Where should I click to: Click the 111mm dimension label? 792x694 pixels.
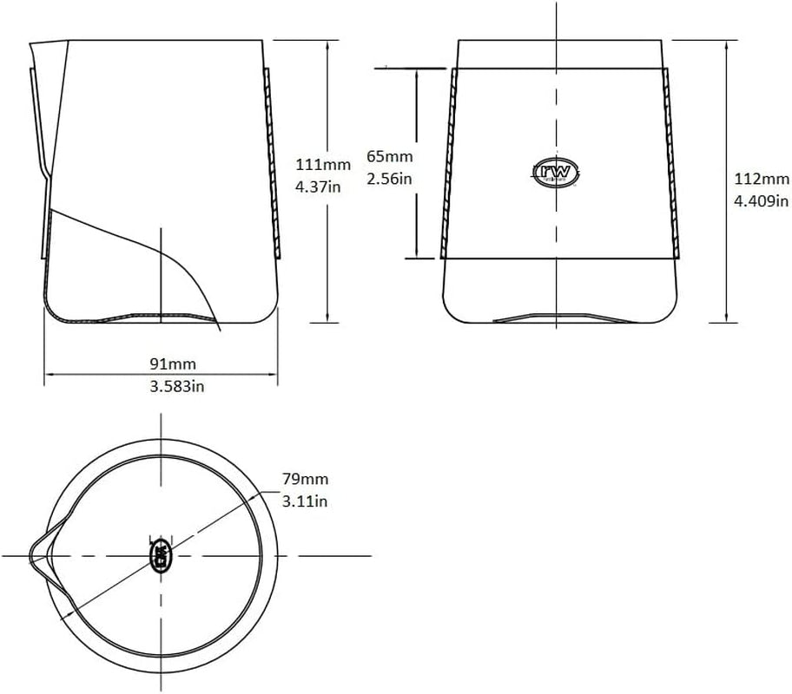click(x=323, y=165)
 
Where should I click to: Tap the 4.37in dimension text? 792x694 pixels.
click(x=318, y=187)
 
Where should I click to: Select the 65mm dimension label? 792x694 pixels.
click(x=389, y=156)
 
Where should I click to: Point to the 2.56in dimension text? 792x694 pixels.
click(x=389, y=179)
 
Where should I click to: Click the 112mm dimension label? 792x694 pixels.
click(x=762, y=179)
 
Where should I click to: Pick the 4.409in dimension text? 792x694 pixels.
click(x=762, y=201)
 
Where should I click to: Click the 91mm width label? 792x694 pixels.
click(x=173, y=363)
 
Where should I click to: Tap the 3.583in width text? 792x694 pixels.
click(x=177, y=386)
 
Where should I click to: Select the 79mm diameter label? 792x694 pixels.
click(x=305, y=479)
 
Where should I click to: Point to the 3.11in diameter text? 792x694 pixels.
click(x=305, y=501)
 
